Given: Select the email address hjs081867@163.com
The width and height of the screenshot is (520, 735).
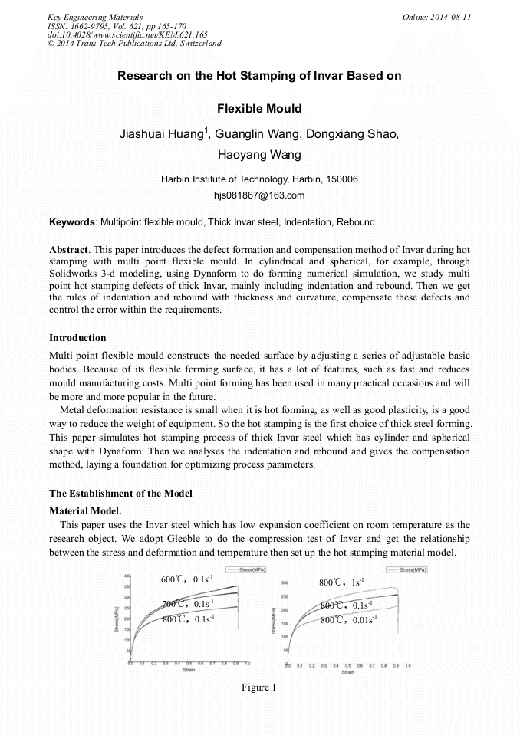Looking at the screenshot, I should (259, 195).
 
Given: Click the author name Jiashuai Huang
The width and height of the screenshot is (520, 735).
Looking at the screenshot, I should (160, 134).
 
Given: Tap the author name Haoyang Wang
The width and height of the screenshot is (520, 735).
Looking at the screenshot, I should (259, 156).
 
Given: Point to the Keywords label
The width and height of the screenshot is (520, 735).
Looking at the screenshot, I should (71, 223).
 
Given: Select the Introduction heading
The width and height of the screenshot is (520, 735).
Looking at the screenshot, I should (77, 338).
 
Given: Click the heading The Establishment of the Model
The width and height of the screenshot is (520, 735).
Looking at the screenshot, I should (120, 493).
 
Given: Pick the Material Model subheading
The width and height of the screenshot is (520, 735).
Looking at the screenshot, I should (84, 510).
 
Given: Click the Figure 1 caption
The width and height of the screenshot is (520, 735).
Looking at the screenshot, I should (258, 687).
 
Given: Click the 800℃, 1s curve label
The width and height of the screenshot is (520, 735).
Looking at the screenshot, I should (342, 582).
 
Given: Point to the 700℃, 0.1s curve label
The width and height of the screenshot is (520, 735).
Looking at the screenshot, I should (187, 605).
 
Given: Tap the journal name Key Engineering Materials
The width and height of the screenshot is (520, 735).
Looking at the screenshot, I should (95, 17).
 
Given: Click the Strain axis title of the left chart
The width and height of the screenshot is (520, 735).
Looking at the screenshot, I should (189, 671).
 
